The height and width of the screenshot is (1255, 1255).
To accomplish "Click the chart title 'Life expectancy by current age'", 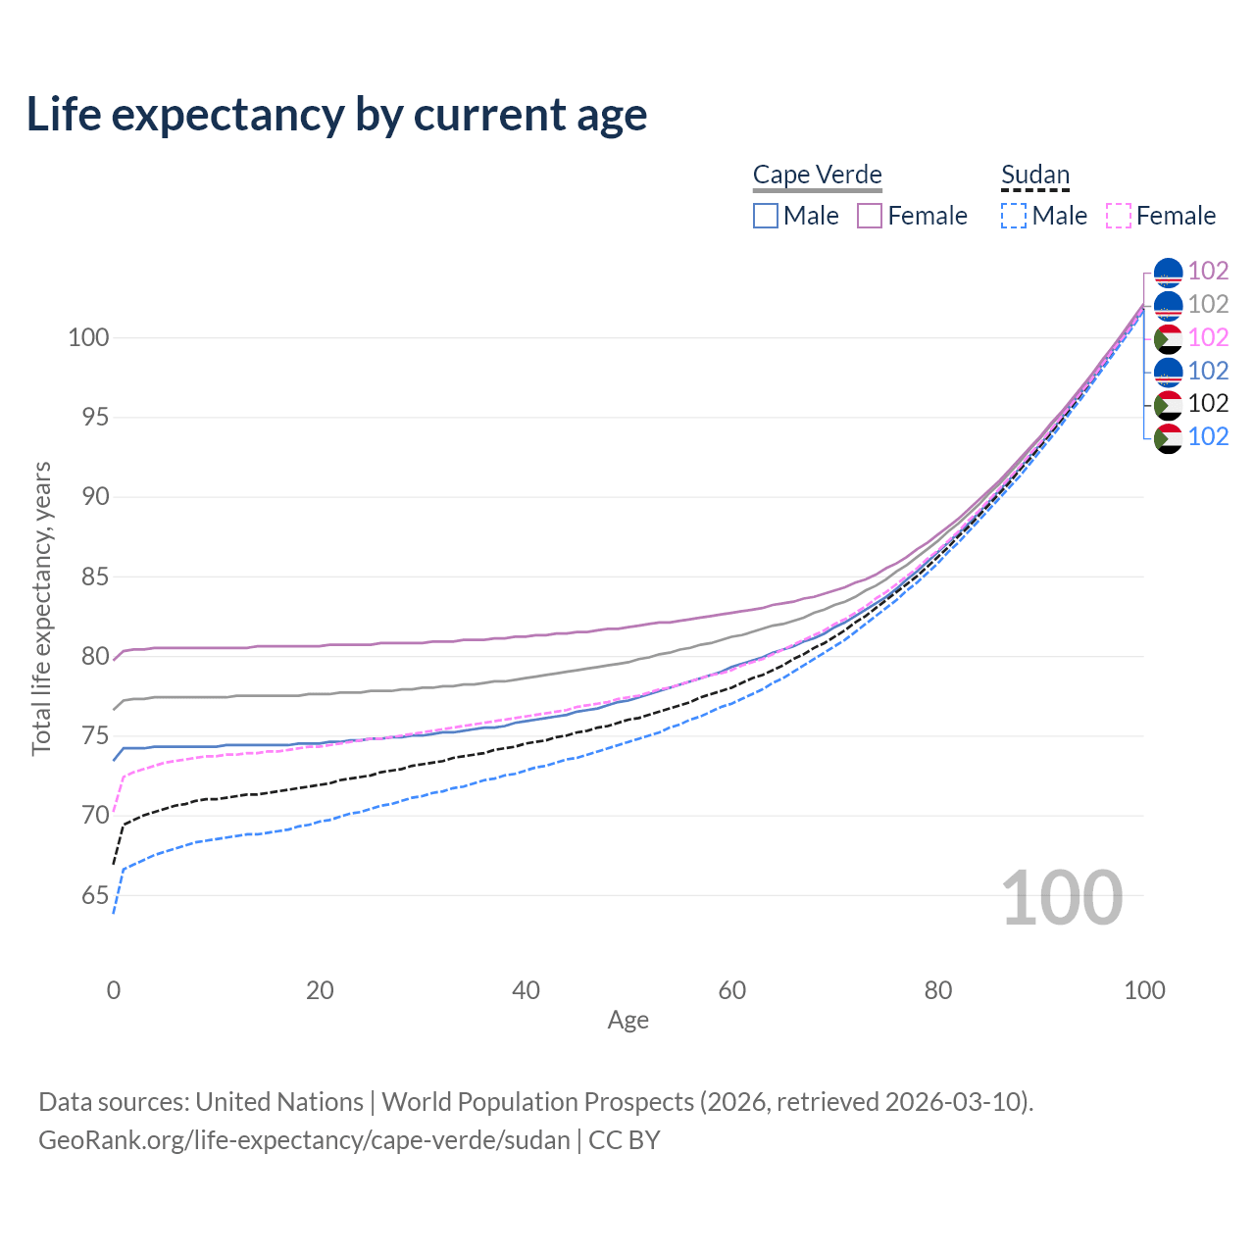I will (336, 115).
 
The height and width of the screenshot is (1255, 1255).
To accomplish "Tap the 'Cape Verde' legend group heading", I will (817, 175).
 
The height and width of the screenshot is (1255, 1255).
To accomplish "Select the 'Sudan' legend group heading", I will (1034, 175).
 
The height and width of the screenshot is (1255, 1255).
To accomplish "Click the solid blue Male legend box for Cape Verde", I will (766, 216).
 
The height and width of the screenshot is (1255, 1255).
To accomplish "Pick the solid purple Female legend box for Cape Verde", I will (870, 216).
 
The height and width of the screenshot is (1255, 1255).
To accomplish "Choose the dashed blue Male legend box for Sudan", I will (1014, 216).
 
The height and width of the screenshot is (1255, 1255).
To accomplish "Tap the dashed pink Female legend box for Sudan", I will (1119, 216).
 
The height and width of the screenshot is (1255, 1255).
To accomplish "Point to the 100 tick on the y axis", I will (87, 337).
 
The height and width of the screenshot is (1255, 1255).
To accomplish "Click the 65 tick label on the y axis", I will (95, 895).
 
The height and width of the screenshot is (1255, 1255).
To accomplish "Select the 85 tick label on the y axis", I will (95, 577).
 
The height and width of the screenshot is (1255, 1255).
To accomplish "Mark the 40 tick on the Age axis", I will (526, 990).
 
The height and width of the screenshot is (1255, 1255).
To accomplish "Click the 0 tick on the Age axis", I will (114, 990).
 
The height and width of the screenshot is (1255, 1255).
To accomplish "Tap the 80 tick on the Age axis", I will (938, 990).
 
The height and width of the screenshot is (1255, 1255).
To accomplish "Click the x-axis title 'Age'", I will (627, 1021).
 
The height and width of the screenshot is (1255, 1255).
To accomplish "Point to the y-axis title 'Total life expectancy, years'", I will (41, 608).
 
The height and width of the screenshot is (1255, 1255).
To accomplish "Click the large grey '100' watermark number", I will (1062, 897).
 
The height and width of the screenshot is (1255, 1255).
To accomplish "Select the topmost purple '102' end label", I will (1208, 271).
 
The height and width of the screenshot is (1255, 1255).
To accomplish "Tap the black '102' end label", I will (1208, 403).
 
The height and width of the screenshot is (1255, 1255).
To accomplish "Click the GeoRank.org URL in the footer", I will (304, 1140).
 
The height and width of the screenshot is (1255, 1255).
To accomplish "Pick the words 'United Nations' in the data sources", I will (279, 1102).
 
